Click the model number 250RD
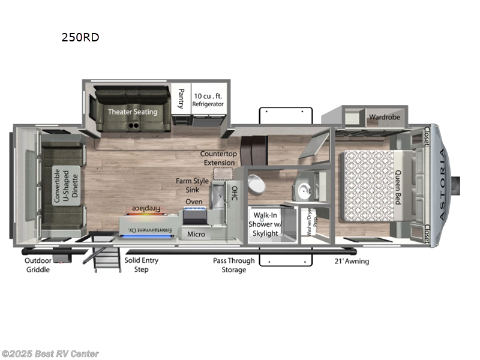coord(80,37)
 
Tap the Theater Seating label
coord(133,112)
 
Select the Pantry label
coord(181,99)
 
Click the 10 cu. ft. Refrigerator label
coord(208,100)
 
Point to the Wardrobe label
coord(384,117)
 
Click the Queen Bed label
coord(397,187)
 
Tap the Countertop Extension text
coord(218,158)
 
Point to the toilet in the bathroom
coord(254,184)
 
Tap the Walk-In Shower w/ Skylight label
coord(265,224)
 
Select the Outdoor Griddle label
coord(38,265)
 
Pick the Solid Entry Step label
coord(142,265)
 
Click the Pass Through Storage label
coord(233,265)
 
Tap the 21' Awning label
coord(351,261)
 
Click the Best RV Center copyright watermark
coord(50,354)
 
